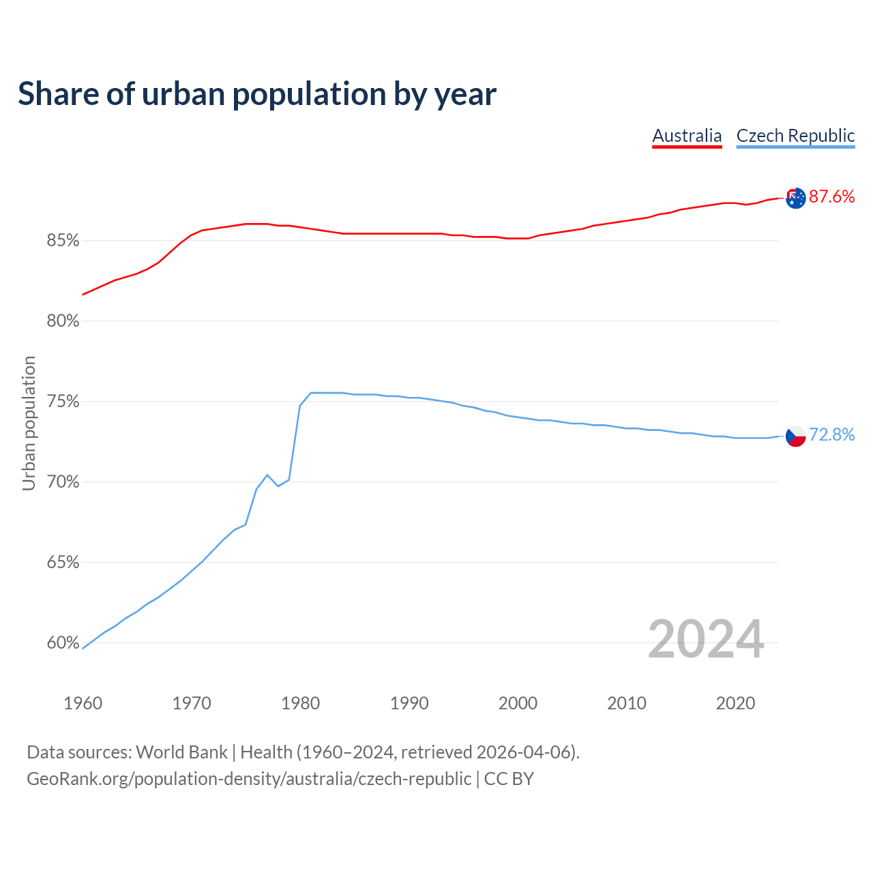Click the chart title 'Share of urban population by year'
coord(257,94)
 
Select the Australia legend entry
coord(687,136)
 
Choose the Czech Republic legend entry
coord(795,136)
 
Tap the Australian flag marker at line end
coord(795,198)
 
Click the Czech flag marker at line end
coord(795,436)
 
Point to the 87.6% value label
coord(831,197)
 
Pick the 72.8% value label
coord(831,435)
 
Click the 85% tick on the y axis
coord(63,241)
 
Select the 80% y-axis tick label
coord(63,321)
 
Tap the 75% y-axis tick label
coord(63,402)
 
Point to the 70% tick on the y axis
coord(63,482)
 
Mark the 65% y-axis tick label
coord(63,563)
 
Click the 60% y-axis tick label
coord(63,643)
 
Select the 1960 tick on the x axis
coord(83,703)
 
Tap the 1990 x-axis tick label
coord(409,703)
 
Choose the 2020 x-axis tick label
coord(735,703)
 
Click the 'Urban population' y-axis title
coord(29,423)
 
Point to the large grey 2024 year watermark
coord(706,640)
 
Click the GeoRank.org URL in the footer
coord(249,779)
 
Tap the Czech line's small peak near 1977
coord(267,475)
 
